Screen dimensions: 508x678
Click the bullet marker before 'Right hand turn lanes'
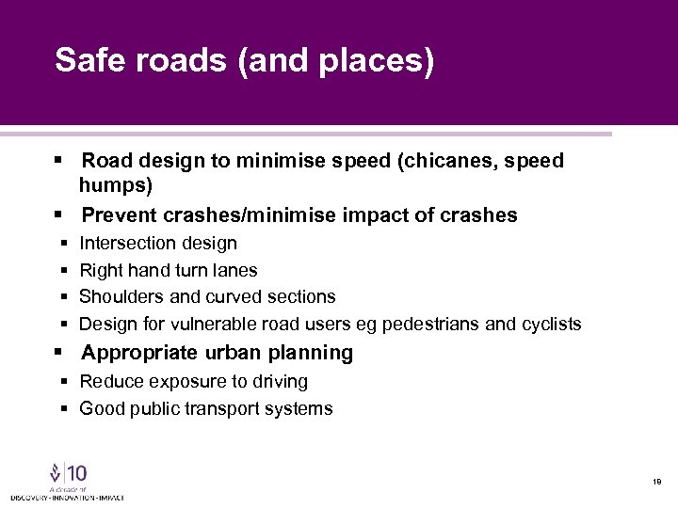point(62,271)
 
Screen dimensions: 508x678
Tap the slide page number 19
point(656,481)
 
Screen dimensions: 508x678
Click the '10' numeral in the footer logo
point(75,473)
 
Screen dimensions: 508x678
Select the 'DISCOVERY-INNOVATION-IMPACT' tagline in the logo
point(67,497)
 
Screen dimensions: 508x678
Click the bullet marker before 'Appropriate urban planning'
point(59,353)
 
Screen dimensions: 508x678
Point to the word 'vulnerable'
point(221,325)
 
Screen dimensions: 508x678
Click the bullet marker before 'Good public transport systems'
point(62,409)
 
